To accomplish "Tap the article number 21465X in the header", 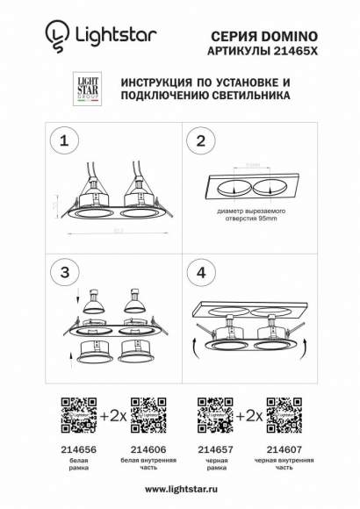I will pos(295,51).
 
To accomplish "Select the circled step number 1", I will pos(61,140).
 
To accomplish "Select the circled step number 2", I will pos(201,140).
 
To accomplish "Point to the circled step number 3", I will pos(61,273).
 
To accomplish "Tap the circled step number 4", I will pos(201,273).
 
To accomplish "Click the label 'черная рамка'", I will pos(212,463).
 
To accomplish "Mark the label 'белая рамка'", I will pos(76,463).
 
